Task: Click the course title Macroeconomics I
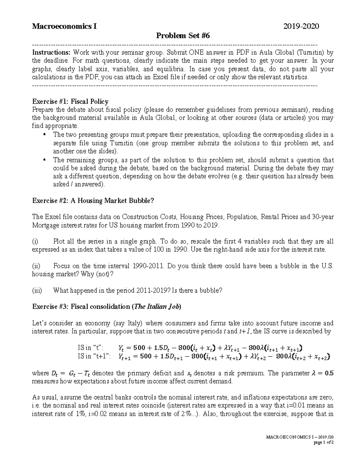coord(64,26)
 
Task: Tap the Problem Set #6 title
coord(182,36)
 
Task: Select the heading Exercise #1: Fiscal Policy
coord(70,101)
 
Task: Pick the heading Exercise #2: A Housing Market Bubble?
coord(93,200)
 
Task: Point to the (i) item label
coord(35,241)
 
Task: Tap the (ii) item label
coord(36,266)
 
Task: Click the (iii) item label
coord(37,290)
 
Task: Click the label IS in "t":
coord(90,348)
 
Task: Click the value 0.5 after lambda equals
coord(329,373)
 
